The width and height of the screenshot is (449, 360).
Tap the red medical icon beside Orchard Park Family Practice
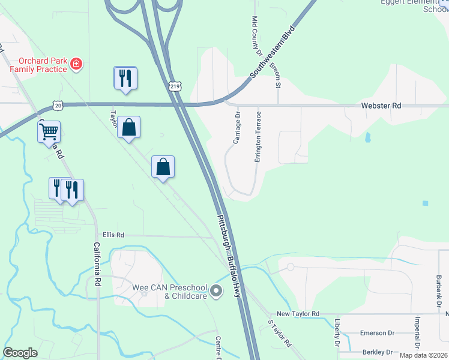(76, 64)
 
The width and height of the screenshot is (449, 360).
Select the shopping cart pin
(49, 131)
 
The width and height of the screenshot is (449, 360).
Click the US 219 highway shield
(175, 88)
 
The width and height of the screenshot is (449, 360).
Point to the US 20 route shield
(58, 105)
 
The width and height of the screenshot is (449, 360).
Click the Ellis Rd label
(113, 235)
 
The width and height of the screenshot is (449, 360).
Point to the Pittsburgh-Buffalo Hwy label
(232, 259)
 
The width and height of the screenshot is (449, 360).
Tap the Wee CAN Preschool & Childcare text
(170, 292)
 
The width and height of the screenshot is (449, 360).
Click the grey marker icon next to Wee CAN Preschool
(217, 292)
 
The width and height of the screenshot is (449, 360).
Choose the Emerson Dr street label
(377, 333)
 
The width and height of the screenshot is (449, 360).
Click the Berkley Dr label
(377, 352)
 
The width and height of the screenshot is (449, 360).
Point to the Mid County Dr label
(256, 33)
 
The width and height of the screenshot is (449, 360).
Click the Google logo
(20, 353)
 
